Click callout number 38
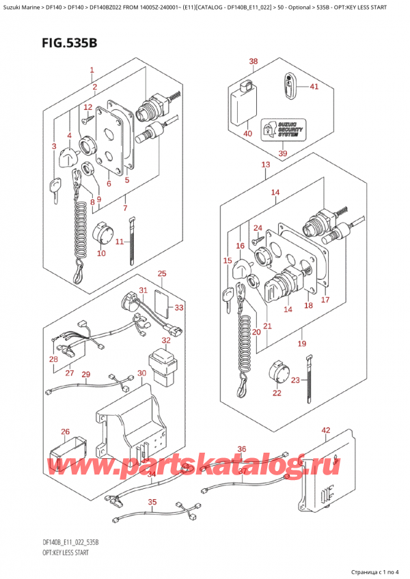pos(254,62)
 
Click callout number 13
pos(265,165)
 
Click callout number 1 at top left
pos(92,70)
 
